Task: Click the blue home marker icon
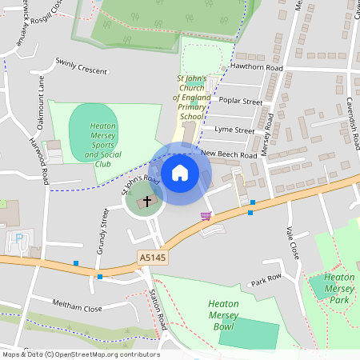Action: pos(180,172)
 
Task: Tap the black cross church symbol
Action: pos(146,202)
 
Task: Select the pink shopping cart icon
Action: pos(206,216)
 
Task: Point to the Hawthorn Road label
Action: pos(257,69)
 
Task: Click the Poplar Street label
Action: pos(240,102)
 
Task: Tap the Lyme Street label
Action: pos(234,130)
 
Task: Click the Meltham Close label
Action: pos(78,308)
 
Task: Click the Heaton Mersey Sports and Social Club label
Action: pos(102,145)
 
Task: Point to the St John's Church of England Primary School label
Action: pos(191,98)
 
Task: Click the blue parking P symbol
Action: pos(19,238)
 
